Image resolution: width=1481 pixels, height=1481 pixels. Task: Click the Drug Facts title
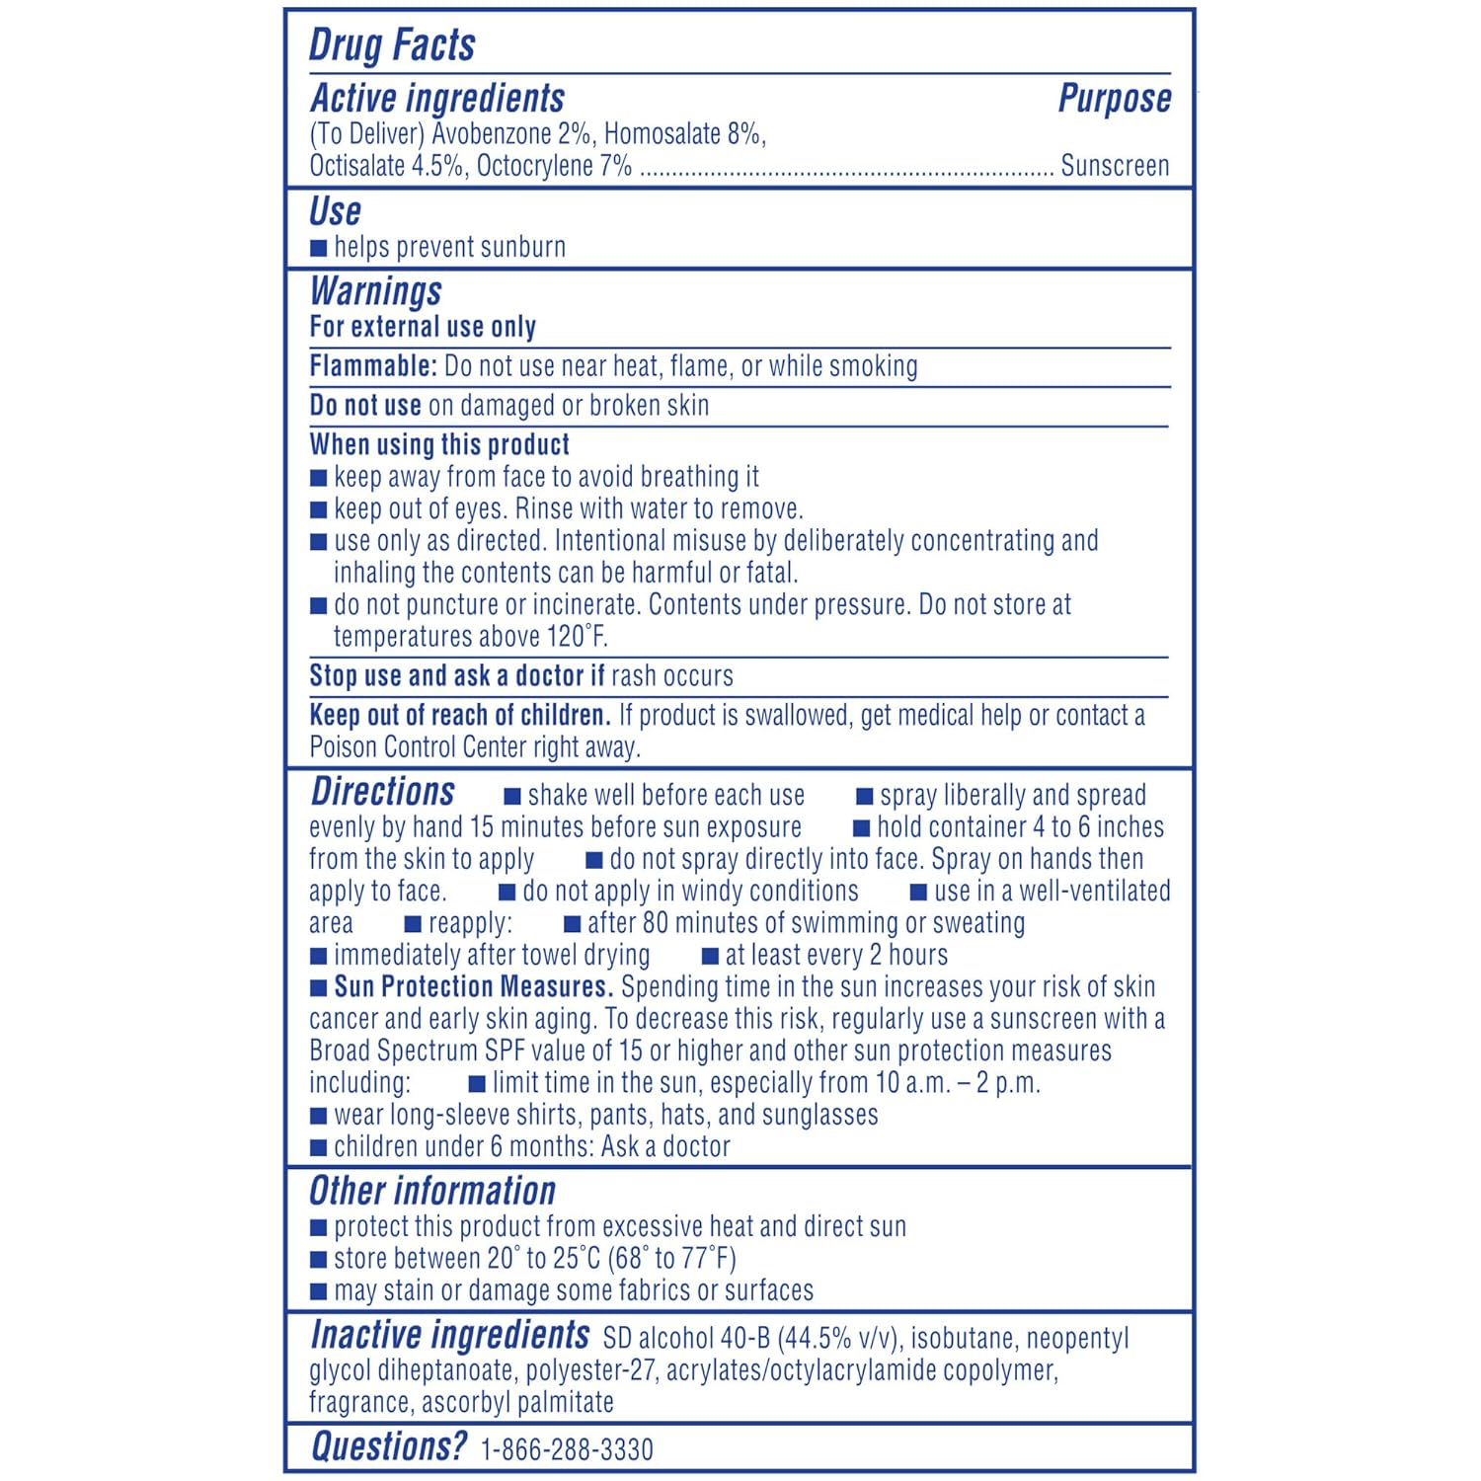392,45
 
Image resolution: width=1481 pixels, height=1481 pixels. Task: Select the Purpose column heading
1114,99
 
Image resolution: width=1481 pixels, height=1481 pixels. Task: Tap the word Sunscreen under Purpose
1115,166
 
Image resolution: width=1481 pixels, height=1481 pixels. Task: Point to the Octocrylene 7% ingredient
554,166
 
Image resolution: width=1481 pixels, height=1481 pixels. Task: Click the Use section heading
335,211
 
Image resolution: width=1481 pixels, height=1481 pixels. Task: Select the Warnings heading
375,291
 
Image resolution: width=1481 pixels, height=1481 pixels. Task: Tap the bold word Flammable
372,366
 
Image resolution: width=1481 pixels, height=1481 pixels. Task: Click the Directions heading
382,792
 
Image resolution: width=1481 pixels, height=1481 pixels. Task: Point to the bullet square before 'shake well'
512,797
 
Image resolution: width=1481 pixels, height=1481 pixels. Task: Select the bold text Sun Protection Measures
473,986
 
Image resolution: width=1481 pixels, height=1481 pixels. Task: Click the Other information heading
432,1191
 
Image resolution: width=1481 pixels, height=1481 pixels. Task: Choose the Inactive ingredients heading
449,1335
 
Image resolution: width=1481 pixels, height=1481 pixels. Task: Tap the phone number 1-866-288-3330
567,1449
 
